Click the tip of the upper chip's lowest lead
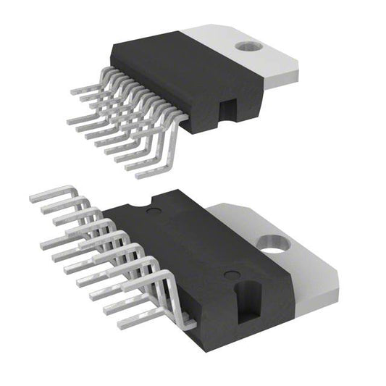139,175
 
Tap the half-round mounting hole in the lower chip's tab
273,251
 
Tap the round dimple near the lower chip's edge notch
152,211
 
